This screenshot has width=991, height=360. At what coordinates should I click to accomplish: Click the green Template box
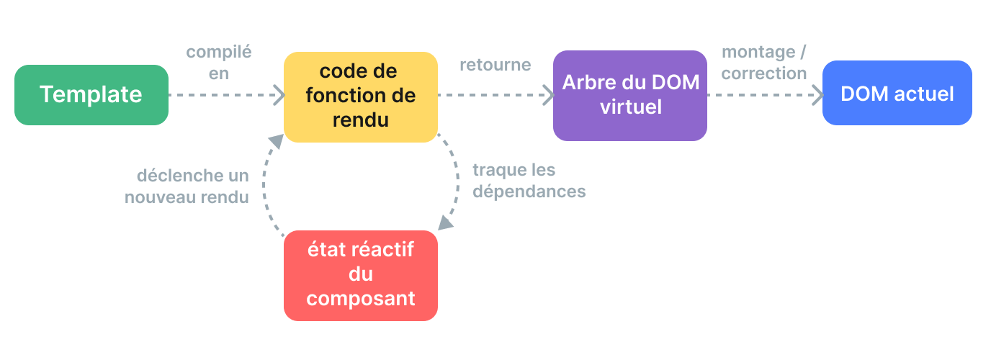(x=91, y=95)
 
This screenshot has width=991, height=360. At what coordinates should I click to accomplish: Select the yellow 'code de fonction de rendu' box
(x=360, y=96)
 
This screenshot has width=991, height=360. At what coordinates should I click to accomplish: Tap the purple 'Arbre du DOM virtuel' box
(x=630, y=95)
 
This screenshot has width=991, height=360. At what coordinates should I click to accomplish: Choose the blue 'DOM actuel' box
(x=897, y=94)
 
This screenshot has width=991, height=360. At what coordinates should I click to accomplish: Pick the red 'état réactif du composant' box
(x=360, y=275)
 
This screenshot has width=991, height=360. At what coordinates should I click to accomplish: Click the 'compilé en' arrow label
(x=219, y=63)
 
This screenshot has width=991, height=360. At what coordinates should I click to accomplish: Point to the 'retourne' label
(x=495, y=65)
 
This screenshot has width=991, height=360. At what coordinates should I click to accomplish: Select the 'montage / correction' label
(x=764, y=63)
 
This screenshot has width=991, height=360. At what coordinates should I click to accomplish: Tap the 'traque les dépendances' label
(x=529, y=181)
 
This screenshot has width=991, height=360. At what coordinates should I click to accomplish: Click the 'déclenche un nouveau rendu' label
(x=187, y=186)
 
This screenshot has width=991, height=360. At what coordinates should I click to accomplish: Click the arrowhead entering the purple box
(x=547, y=94)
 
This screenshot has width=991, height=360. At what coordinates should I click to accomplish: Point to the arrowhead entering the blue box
(x=817, y=94)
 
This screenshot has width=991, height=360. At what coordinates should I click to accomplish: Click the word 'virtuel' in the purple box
(x=630, y=107)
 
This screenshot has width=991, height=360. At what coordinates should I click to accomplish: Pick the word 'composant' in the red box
(x=360, y=298)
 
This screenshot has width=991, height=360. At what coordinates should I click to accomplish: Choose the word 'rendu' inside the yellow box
(x=360, y=120)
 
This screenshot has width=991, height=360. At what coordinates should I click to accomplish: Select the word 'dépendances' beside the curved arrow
(x=529, y=192)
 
